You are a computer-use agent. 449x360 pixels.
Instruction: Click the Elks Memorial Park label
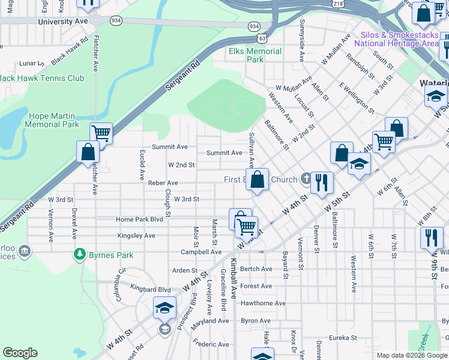pos(255,55)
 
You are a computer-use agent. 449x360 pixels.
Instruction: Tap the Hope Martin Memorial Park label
pos(52,120)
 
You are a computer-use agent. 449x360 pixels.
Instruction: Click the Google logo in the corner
pos(20,353)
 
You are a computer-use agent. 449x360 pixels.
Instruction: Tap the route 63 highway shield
pos(262,38)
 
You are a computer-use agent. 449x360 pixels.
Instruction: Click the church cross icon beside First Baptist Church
pos(306,178)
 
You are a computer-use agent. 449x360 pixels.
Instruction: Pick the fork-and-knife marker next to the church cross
pos(322,182)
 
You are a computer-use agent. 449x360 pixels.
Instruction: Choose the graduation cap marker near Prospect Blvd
pos(164,307)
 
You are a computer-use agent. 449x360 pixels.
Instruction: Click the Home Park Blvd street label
pos(140,220)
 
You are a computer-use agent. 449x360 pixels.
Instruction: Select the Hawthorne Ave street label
pos(263,303)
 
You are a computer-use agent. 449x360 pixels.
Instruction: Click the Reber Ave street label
pos(163,182)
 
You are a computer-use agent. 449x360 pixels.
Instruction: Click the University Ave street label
pos(62,21)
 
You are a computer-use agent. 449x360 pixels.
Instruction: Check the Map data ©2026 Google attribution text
pos(411,355)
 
